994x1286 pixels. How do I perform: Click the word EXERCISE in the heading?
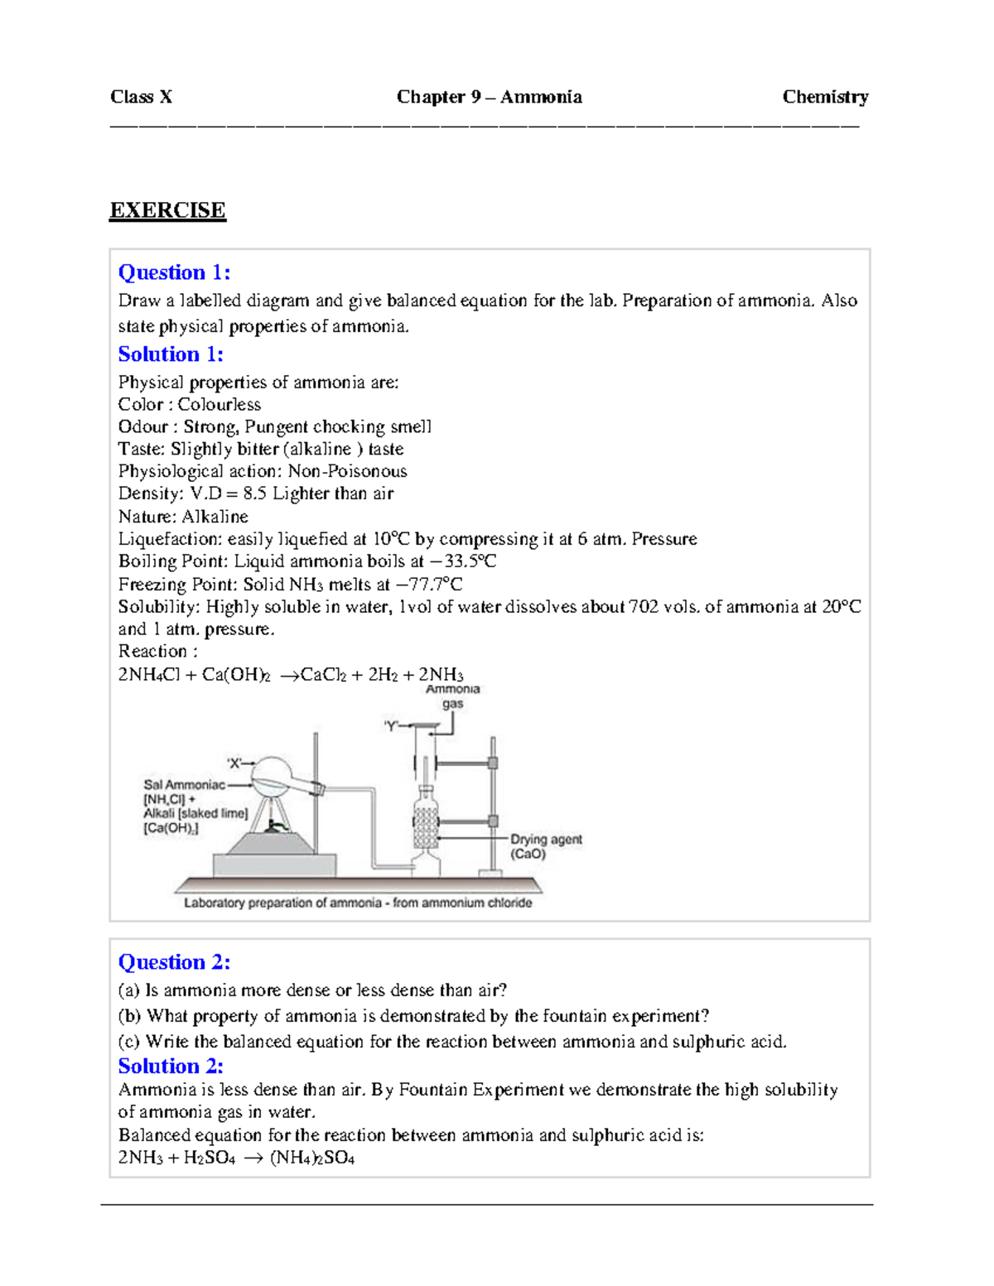[167, 210]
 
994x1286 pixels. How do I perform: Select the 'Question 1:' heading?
[174, 272]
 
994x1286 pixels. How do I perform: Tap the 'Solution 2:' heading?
[171, 1066]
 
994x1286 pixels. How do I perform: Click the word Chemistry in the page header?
[825, 97]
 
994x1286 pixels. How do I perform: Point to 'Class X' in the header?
[141, 97]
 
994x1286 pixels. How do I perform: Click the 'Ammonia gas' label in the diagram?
[452, 696]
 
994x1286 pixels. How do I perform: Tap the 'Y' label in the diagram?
[391, 726]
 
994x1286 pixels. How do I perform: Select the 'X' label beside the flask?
[234, 763]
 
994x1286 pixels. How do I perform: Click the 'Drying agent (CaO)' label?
[546, 846]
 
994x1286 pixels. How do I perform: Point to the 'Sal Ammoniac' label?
[184, 785]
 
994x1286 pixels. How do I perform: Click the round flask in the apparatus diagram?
[273, 778]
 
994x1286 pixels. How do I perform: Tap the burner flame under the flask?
[274, 824]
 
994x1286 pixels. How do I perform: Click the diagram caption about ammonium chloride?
[358, 903]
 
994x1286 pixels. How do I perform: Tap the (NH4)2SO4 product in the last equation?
[312, 1158]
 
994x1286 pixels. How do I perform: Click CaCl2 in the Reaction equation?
[323, 675]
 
